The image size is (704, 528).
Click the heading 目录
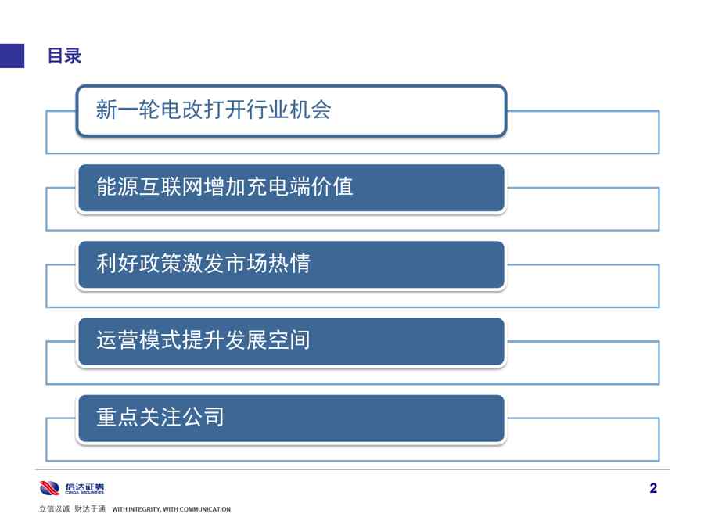click(64, 56)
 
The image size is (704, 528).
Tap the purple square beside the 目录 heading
click(12, 56)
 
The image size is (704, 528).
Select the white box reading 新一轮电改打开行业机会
click(292, 110)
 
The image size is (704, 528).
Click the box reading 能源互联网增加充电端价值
click(292, 188)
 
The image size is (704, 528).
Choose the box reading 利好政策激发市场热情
click(292, 264)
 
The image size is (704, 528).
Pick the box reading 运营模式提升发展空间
click(292, 341)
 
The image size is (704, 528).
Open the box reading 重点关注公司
click(292, 418)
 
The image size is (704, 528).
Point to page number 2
click(653, 488)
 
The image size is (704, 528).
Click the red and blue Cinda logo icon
click(49, 488)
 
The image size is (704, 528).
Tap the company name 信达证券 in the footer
click(84, 487)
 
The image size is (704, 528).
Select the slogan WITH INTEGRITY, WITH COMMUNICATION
click(171, 509)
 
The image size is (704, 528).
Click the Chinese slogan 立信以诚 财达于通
click(72, 508)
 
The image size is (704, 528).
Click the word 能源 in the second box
click(117, 186)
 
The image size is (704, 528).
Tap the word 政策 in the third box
click(160, 263)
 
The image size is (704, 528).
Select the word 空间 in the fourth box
click(289, 340)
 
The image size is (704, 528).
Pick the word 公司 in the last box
click(203, 417)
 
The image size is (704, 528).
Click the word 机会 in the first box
click(311, 110)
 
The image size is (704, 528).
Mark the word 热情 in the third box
click(289, 263)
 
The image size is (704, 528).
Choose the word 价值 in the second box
click(332, 186)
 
